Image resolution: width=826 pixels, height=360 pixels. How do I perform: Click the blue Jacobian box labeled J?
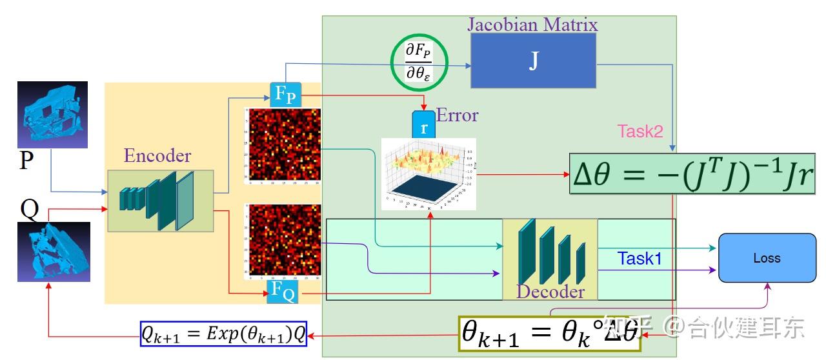533,60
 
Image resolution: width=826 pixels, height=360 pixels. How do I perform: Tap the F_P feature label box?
285,94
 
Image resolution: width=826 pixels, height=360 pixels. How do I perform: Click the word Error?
458,115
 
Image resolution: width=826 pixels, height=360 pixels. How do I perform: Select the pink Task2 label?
640,132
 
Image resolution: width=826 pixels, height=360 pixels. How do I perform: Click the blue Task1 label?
640,259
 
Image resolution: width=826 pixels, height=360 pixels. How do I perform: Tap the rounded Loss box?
767,258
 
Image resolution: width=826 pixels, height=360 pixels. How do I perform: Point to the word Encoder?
157,156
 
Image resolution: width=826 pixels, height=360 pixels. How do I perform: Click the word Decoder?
550,292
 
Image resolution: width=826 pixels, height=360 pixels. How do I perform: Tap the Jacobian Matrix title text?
532,25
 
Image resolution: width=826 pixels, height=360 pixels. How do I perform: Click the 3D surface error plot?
428,174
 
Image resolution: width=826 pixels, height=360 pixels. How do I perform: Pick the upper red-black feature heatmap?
282,146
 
